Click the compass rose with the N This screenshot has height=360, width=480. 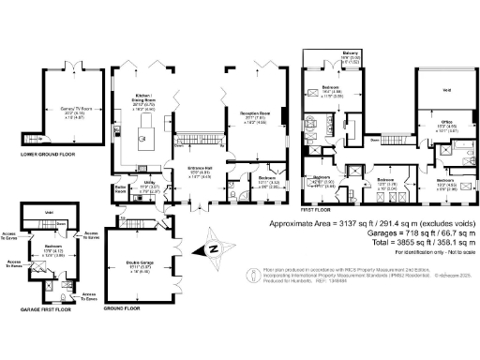tap(212, 247)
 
